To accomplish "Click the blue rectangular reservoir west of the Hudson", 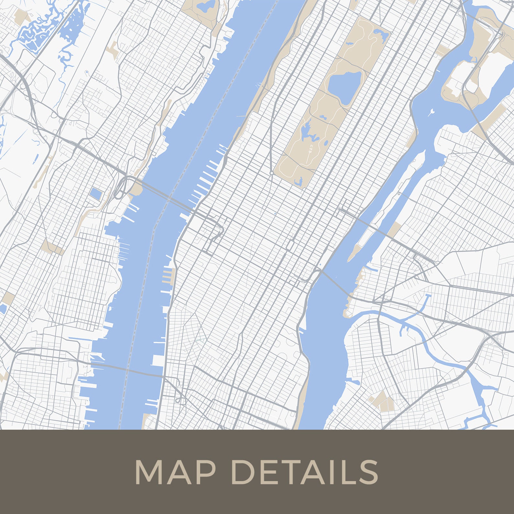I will tap(96, 194).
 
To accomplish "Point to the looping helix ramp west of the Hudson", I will tap(120, 188).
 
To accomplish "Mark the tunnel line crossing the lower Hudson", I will tap(129, 369).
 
